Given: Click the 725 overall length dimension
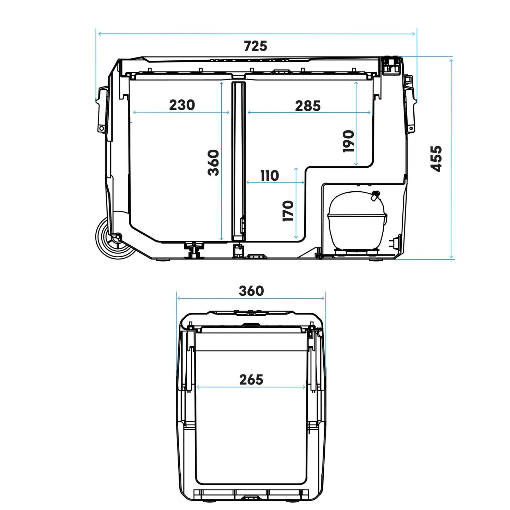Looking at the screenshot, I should (x=256, y=46).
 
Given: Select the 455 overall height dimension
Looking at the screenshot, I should (x=437, y=158).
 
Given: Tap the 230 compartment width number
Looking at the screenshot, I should (x=182, y=105).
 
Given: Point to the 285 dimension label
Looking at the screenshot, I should (x=308, y=106).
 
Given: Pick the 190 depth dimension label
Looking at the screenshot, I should (x=349, y=141).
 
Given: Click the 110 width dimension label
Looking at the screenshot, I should (x=270, y=175).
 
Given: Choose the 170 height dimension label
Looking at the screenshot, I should (x=288, y=211).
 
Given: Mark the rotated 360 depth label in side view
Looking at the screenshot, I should (x=214, y=162).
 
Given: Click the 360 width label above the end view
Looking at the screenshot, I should (x=251, y=291).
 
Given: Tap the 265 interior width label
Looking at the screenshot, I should (x=251, y=379).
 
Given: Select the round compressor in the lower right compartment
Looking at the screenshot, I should (x=356, y=221).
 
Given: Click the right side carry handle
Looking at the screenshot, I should (x=410, y=104).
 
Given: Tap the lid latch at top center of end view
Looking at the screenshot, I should (x=251, y=325).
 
